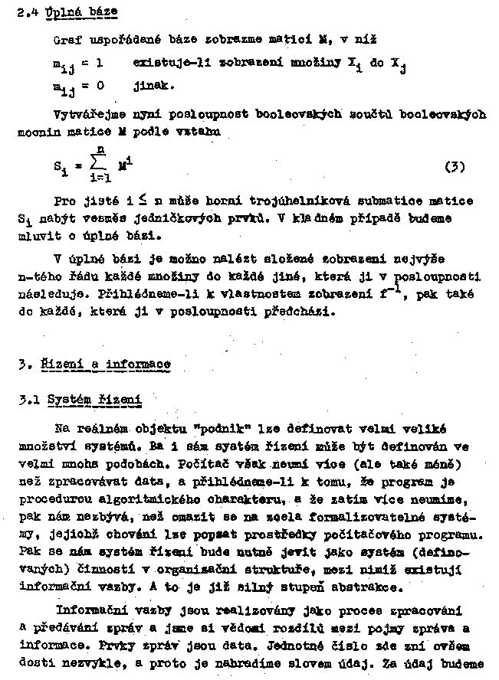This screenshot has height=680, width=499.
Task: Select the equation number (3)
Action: click(x=454, y=166)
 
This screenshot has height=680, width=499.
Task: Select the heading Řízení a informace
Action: click(x=105, y=364)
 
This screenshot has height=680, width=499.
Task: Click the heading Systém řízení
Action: click(x=94, y=399)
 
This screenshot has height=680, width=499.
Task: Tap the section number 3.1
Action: click(x=29, y=399)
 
